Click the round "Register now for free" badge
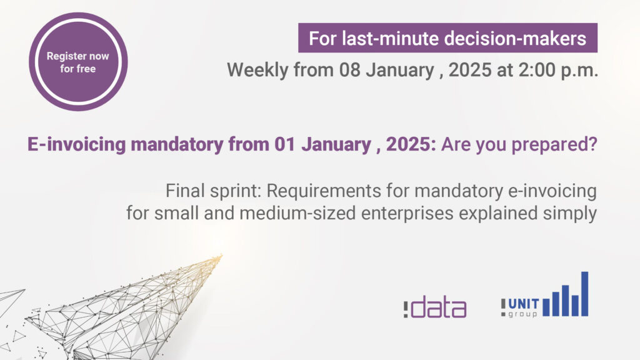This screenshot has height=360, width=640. tap(78, 62)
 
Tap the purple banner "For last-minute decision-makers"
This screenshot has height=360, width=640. tap(447, 38)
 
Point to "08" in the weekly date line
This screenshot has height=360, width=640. tap(350, 70)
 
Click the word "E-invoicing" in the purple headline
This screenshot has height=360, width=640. tap(76, 144)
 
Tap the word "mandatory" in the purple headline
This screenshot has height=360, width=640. tap(177, 144)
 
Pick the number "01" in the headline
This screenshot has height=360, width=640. tap(284, 144)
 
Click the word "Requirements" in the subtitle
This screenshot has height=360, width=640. tap(324, 191)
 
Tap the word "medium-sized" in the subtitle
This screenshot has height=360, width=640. tap(297, 213)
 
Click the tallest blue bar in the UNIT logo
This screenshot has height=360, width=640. tap(584, 294)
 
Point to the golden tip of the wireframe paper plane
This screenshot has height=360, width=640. tap(221, 256)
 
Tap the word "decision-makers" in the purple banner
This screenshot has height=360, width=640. tap(515, 39)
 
